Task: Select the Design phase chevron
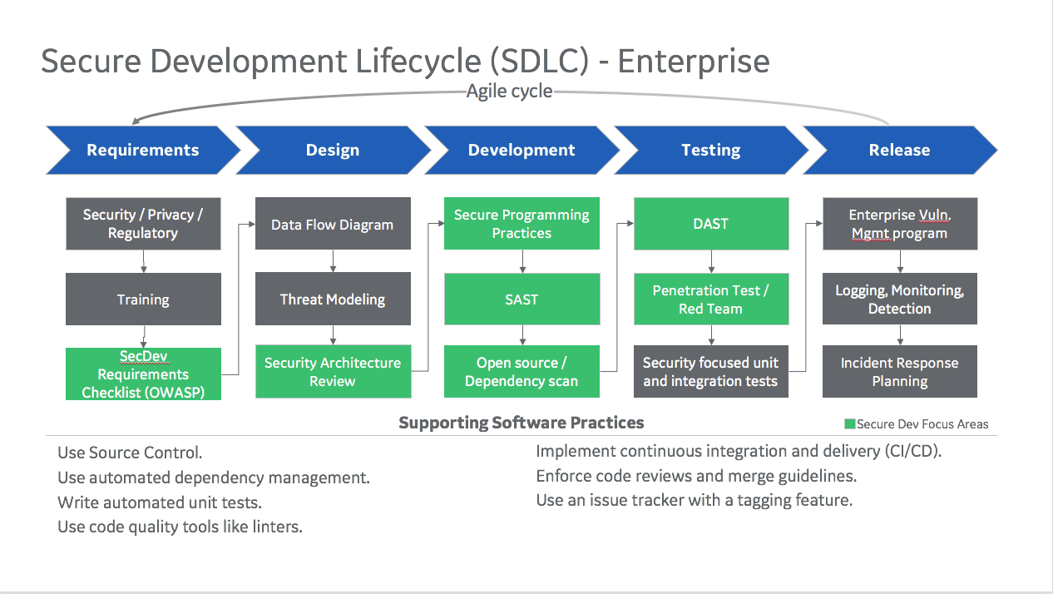point(333,150)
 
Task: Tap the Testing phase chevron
point(711,150)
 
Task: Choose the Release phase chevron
point(900,150)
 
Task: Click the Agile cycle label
point(509,91)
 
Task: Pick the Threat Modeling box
point(333,299)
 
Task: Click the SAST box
point(522,299)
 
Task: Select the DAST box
point(711,224)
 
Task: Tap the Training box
point(143,299)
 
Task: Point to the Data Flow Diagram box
point(333,224)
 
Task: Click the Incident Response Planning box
point(900,372)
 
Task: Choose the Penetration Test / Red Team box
point(711,299)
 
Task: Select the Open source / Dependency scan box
point(522,372)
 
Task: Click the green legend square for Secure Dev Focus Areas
point(849,424)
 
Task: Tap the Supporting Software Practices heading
point(522,423)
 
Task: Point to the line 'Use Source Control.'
point(130,453)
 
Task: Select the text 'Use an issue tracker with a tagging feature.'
point(695,500)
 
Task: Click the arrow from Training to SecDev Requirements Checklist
point(144,337)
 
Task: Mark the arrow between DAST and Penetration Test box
point(711,261)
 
